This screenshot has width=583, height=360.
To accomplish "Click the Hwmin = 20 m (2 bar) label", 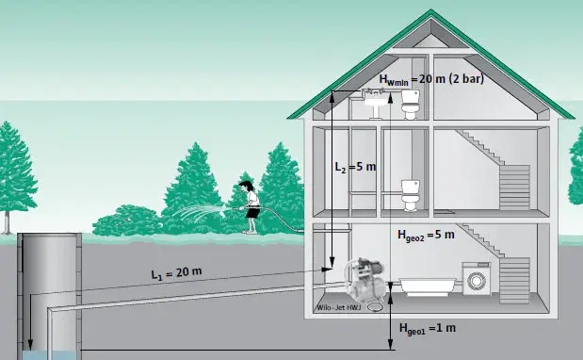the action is (x=431, y=79).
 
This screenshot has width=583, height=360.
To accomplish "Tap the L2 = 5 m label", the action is (x=355, y=167).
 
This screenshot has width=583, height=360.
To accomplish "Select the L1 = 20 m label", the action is (x=177, y=273).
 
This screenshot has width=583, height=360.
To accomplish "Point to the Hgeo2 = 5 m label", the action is (x=426, y=236).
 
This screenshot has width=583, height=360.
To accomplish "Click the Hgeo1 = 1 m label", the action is (x=428, y=329).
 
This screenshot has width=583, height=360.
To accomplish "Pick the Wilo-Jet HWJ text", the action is (x=338, y=308).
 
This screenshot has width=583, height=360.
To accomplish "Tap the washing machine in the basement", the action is (x=477, y=279).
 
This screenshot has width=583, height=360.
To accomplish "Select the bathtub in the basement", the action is (x=428, y=286).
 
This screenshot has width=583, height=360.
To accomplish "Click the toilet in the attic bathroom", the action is (x=410, y=104).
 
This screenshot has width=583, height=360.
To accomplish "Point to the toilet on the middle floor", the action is (x=411, y=195).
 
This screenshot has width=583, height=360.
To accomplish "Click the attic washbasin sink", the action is (x=376, y=104).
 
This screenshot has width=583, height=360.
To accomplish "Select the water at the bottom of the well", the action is (x=50, y=355).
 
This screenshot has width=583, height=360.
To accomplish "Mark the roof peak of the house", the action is (x=431, y=10).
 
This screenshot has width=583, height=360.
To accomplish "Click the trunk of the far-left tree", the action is (x=7, y=222).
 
